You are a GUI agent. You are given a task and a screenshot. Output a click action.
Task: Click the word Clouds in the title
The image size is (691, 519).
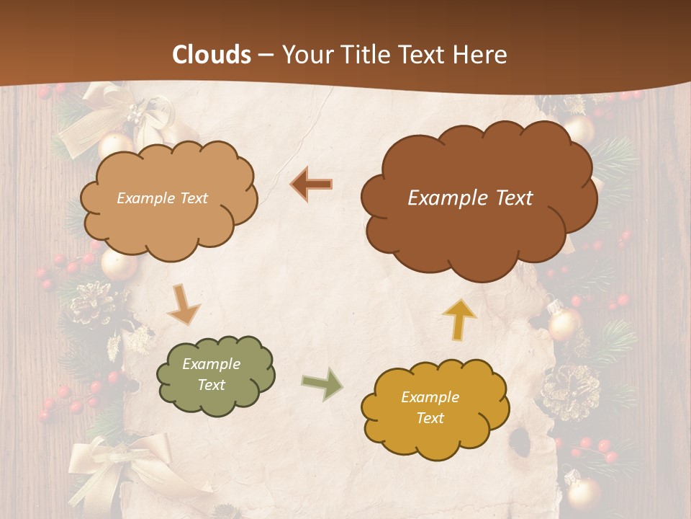[212, 55]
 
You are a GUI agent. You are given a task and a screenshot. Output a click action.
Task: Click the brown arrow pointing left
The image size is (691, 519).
[311, 185]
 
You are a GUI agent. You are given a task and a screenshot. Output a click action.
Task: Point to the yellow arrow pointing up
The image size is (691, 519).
[459, 318]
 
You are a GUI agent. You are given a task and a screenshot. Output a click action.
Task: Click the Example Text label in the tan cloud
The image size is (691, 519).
[162, 198]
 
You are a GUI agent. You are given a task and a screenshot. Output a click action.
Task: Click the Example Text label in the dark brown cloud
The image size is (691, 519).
[470, 198]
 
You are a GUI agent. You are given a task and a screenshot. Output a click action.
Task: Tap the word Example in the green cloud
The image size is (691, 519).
[211, 364]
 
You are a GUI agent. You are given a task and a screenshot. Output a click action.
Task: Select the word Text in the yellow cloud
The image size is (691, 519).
[430, 418]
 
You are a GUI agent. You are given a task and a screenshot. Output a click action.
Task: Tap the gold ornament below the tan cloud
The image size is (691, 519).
[118, 265]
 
